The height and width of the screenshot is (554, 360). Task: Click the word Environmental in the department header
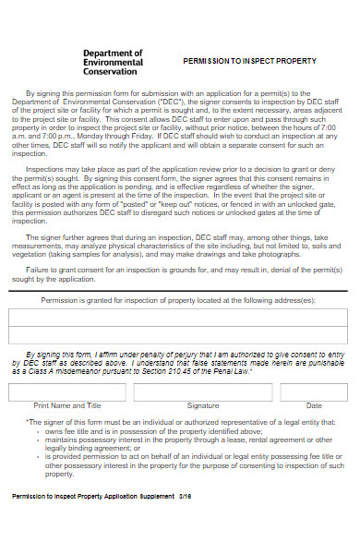point(113,62)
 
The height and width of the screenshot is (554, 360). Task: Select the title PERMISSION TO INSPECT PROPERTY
point(249,61)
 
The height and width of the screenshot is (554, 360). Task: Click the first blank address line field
point(180,318)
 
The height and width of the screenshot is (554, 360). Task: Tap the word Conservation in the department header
point(110,71)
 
